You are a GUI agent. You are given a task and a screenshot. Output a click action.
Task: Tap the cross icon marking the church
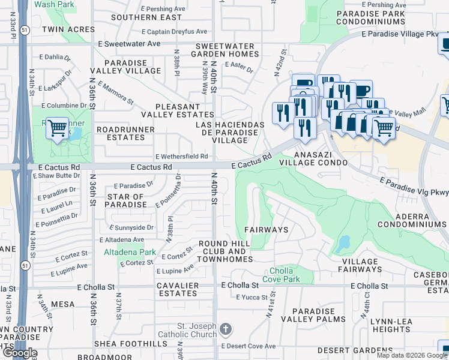point(226,329)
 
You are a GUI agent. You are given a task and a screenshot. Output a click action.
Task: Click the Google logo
point(19,353)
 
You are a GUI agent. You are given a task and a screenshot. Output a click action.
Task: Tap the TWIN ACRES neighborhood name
point(61,29)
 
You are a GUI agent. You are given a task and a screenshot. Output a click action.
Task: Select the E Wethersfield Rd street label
point(182,156)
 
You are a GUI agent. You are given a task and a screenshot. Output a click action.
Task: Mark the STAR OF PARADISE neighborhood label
point(126,200)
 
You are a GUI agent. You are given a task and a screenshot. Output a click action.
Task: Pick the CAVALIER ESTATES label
point(178,289)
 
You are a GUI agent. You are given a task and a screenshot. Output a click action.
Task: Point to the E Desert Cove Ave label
point(248,346)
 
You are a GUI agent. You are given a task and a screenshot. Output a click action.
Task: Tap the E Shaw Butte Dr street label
point(59,176)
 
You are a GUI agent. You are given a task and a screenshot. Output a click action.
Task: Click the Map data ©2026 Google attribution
point(411,355)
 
